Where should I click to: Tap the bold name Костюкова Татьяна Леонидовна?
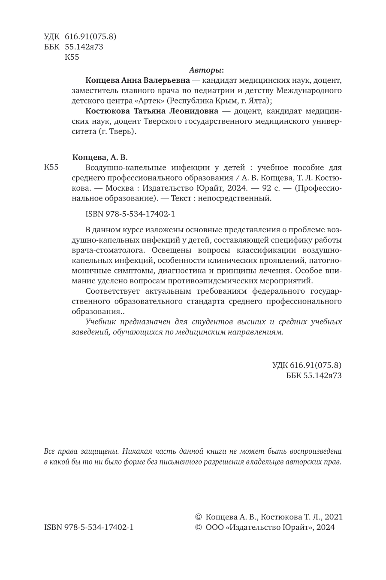click(x=151, y=111)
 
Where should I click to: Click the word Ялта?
click(x=259, y=101)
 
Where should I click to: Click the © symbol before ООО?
click(x=198, y=528)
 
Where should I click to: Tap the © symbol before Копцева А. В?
click(x=198, y=517)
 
